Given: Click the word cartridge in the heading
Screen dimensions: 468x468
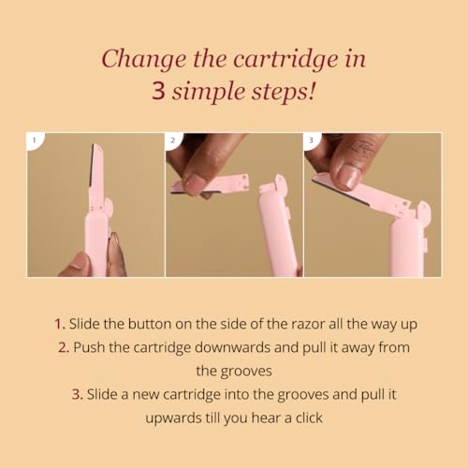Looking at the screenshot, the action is [285, 60].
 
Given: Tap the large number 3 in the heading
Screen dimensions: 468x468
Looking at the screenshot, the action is [158, 91].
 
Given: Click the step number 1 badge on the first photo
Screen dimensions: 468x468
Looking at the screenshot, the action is [35, 140].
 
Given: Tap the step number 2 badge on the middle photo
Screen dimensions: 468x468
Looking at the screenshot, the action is [172, 140].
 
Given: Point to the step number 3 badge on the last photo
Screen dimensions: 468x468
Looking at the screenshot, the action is [311, 140].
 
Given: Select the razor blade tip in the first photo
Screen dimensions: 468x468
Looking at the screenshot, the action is [94, 146].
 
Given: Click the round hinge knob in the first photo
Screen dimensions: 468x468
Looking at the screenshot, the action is [109, 206].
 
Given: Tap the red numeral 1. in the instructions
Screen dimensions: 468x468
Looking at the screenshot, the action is [60, 324].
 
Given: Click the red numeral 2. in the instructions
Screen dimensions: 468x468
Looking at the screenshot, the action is [64, 347].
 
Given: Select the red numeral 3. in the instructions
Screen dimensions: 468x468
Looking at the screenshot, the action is [78, 394].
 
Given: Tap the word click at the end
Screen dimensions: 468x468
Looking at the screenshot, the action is [309, 417].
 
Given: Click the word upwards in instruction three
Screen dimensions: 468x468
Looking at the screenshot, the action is [173, 418].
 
